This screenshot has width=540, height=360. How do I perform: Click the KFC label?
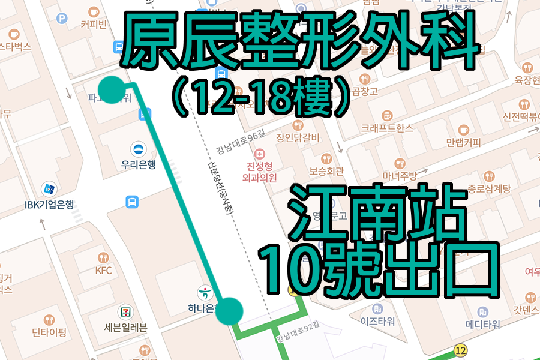pyautogui.click(x=104, y=270)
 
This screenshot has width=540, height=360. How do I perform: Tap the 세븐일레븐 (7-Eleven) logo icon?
pyautogui.click(x=125, y=311)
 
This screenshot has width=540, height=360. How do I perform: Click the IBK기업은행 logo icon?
pyautogui.click(x=49, y=188)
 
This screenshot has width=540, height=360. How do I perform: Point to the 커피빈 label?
pyautogui.click(x=93, y=24)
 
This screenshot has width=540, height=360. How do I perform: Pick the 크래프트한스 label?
pyautogui.click(x=387, y=128)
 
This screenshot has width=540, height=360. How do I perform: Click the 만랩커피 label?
pyautogui.click(x=463, y=143)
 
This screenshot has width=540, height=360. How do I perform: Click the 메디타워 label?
pyautogui.click(x=482, y=325)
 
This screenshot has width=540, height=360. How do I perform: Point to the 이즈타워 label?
pyautogui.click(x=377, y=321)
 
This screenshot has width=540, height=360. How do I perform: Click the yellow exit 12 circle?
pyautogui.click(x=460, y=350)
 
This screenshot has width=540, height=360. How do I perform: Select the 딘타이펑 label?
pyautogui.click(x=49, y=332)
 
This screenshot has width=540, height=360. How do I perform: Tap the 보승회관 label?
pyautogui.click(x=327, y=170)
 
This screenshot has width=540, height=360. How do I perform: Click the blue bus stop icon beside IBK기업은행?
pyautogui.click(x=131, y=202)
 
